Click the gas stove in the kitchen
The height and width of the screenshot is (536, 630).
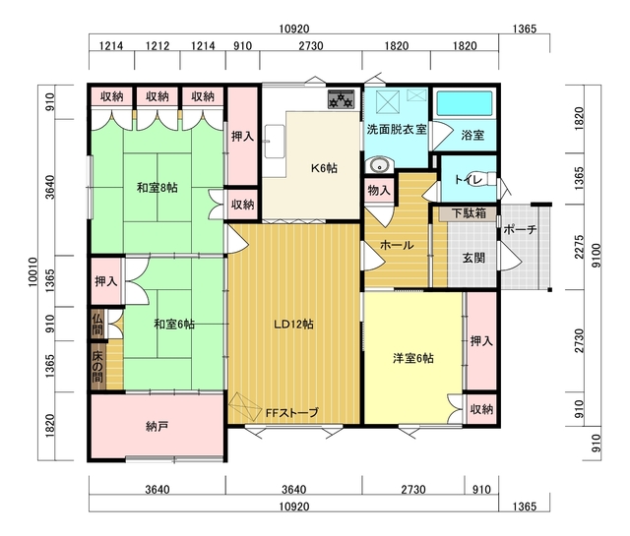coord(342,99)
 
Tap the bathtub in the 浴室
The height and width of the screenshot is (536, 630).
coord(465,103)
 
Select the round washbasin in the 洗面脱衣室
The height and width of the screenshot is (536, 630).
coord(378,165)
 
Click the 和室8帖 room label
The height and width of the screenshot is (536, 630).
coord(157,188)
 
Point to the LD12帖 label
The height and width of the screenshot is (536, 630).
coord(293,325)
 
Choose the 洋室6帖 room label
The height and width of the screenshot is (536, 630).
coord(413,358)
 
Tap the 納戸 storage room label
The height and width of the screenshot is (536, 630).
coord(157,427)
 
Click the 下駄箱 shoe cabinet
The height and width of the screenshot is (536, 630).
coord(469,213)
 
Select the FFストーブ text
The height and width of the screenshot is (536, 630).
coord(292,412)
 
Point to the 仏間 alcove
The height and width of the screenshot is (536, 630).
coord(97,325)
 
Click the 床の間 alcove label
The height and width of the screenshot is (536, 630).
coord(97,367)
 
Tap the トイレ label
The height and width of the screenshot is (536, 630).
coord(468,180)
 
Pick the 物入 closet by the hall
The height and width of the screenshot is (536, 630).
coord(379,191)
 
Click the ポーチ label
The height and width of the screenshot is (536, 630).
coord(520,230)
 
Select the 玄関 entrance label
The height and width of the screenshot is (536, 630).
coord(473,258)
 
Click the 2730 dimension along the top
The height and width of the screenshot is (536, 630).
coord(311,46)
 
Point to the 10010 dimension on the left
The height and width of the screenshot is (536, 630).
coord(32,272)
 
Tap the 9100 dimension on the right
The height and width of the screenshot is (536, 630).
coord(598,256)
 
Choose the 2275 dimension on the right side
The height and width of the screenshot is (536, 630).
coord(579,247)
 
